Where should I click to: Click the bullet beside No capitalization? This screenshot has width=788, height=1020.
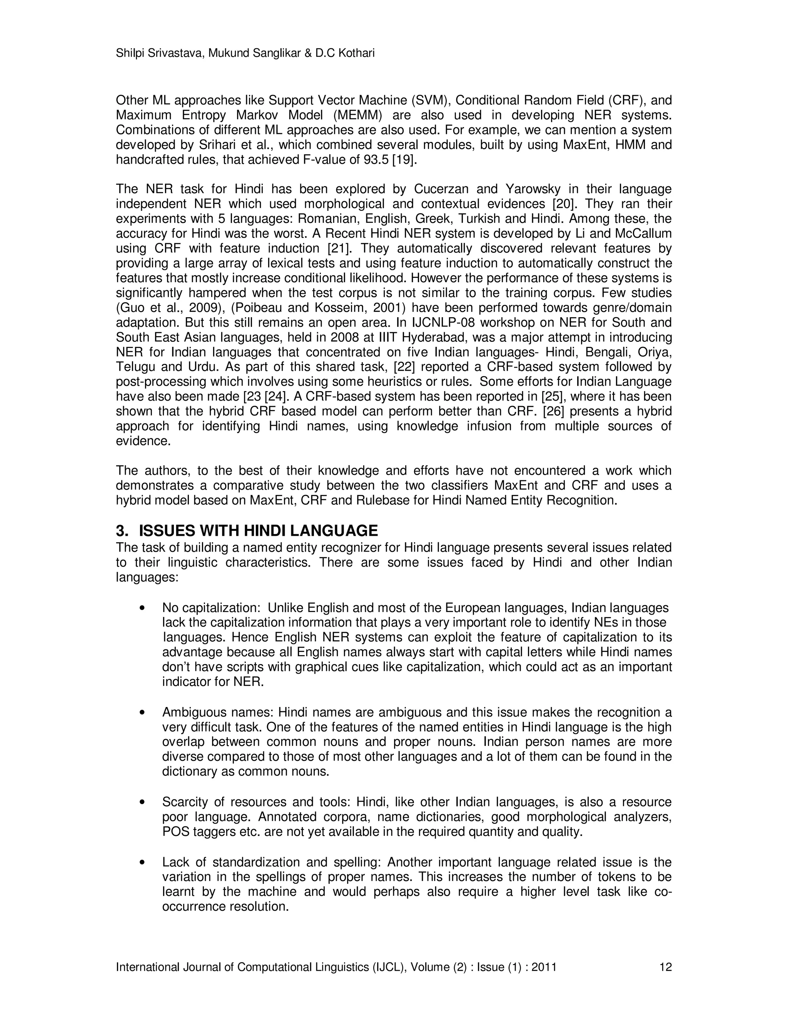pyautogui.click(x=143, y=609)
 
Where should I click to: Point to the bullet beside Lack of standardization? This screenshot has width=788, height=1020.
pyautogui.click(x=143, y=863)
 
